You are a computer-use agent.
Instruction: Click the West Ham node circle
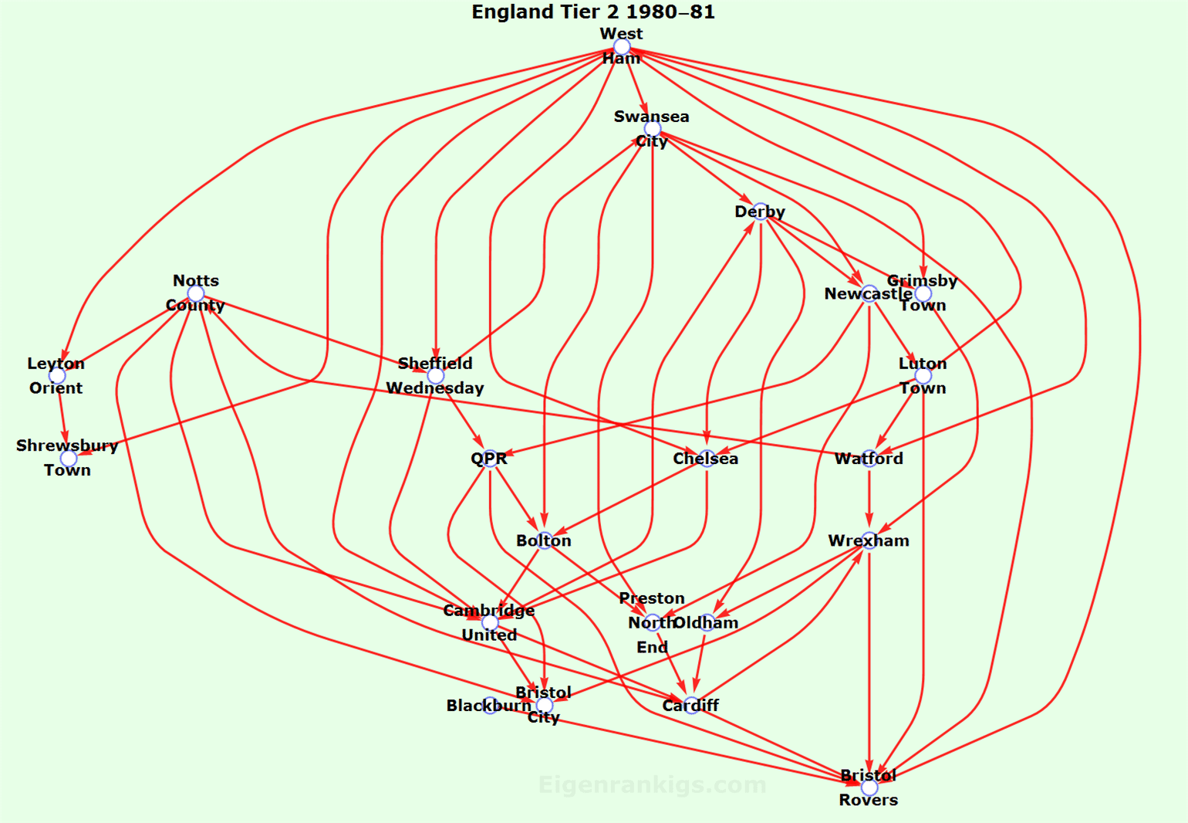[x=622, y=47]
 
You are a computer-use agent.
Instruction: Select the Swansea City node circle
[x=653, y=129]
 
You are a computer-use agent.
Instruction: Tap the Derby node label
[x=760, y=212]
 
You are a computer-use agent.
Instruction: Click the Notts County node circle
[x=196, y=293]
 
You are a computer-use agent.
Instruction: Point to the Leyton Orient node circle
[x=57, y=376]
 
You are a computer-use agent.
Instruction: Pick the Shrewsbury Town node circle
[x=68, y=459]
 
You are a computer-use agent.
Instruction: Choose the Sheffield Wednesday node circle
[x=436, y=376]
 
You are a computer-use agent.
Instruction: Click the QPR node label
[x=489, y=459]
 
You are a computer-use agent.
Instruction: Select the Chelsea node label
[x=705, y=459]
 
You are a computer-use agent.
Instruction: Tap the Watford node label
[x=869, y=459]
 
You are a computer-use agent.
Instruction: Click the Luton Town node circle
[x=923, y=376]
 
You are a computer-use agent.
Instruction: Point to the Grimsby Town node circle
[x=923, y=293]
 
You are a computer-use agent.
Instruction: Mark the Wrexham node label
[x=869, y=540]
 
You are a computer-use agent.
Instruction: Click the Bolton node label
[x=544, y=540]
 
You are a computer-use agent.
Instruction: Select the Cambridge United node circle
[x=490, y=622]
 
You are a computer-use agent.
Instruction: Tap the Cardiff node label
[x=690, y=705]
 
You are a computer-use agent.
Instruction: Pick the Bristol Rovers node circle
[x=869, y=787]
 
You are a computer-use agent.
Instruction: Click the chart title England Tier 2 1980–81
[x=593, y=12]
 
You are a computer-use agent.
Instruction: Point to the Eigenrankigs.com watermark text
[x=652, y=785]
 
